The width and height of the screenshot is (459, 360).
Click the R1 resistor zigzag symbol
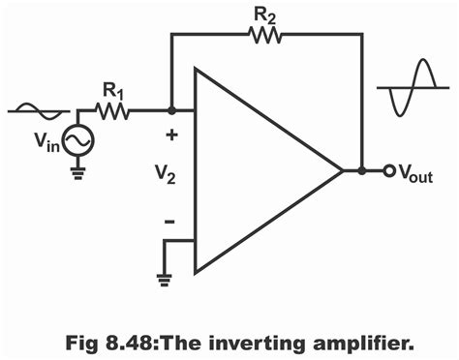coord(113,111)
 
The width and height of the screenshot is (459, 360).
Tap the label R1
coord(114,90)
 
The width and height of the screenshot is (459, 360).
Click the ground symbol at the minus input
coord(166,277)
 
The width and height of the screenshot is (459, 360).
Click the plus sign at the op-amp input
coord(170,135)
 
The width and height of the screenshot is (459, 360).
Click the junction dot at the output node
coord(362,171)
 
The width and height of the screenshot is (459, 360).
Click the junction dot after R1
coord(170,111)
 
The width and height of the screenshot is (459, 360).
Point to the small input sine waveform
coord(40,111)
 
